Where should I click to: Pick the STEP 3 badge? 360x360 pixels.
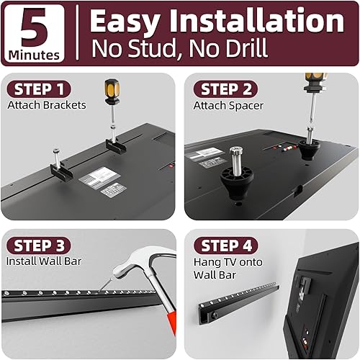(x=40, y=246)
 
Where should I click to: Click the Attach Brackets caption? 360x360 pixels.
(x=47, y=105)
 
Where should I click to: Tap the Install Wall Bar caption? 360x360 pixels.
(x=44, y=261)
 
